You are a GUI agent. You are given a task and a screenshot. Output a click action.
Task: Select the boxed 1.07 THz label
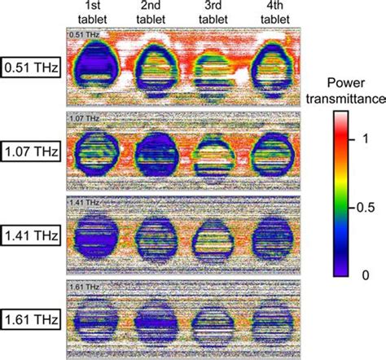31,151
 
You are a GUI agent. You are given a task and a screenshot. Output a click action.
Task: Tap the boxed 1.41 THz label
31,235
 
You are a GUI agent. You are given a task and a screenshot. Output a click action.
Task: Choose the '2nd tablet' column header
153,14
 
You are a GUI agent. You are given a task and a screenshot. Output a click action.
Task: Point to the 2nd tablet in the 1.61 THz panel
154,319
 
